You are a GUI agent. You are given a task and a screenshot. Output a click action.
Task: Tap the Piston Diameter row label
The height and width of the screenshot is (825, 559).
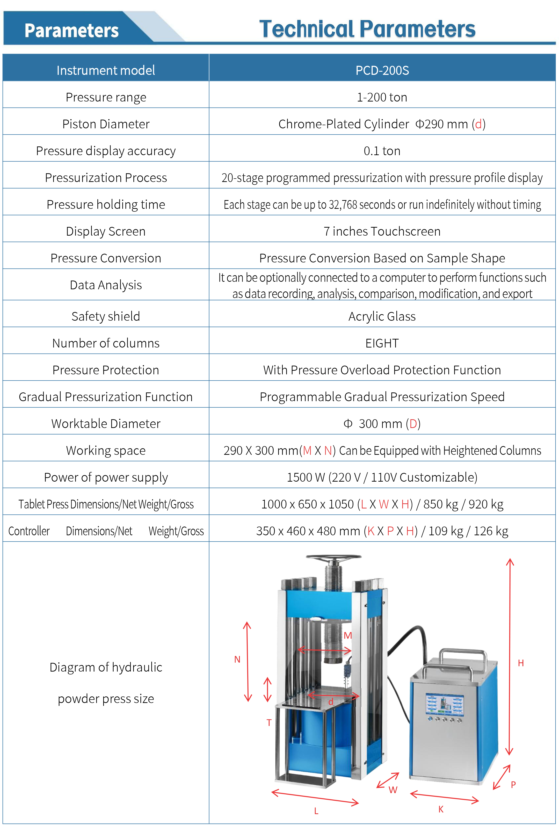106,124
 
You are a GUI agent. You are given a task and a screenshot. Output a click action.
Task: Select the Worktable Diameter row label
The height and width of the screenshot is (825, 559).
106,424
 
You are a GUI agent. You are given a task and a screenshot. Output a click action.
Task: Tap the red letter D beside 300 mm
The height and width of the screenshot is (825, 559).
413,424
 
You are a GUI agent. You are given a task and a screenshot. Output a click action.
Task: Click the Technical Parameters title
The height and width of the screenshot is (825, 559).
367,29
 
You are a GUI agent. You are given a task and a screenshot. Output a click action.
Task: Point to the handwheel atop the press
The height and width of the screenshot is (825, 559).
334,558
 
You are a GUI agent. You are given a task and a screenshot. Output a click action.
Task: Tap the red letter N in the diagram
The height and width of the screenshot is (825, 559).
237,659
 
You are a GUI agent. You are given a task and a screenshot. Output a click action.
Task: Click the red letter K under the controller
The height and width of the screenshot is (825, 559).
441,809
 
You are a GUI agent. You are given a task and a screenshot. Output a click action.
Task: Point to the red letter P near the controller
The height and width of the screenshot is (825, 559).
513,785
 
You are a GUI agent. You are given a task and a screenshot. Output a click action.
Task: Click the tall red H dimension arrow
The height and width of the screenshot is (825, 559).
510,657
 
